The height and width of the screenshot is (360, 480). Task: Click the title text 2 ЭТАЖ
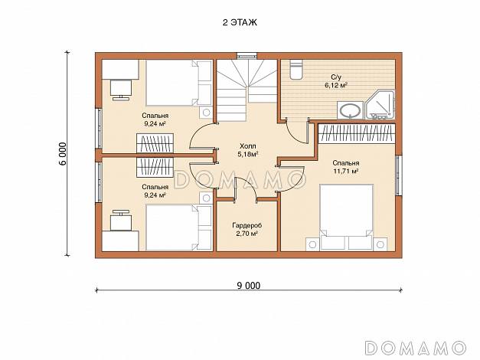[x=240, y=23]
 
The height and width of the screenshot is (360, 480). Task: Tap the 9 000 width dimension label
[x=249, y=286]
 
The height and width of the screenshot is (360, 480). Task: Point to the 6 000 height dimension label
[x=63, y=154]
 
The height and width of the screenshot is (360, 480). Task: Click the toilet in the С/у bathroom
[x=296, y=70]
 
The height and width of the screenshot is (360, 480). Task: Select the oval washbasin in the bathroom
[x=350, y=110]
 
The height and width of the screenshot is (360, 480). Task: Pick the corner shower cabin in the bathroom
[x=380, y=104]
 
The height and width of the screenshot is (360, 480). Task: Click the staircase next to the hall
[x=247, y=90]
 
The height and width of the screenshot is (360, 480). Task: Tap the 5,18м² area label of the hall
[x=247, y=154]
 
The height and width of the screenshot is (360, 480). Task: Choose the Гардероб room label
[x=247, y=225]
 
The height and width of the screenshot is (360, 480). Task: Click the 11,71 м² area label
[x=346, y=171]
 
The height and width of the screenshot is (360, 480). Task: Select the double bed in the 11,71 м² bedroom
[x=346, y=218]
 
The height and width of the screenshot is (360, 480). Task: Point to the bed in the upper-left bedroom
[x=179, y=83]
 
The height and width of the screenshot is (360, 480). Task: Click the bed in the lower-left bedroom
[x=179, y=227]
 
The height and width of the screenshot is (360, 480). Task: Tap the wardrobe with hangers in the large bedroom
[x=357, y=133]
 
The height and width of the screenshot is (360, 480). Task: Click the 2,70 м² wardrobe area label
[x=247, y=234]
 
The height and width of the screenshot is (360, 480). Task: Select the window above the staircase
[x=247, y=56]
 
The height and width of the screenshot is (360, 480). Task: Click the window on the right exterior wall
[x=399, y=175]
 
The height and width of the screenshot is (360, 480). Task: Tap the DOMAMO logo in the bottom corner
[x=416, y=348]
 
